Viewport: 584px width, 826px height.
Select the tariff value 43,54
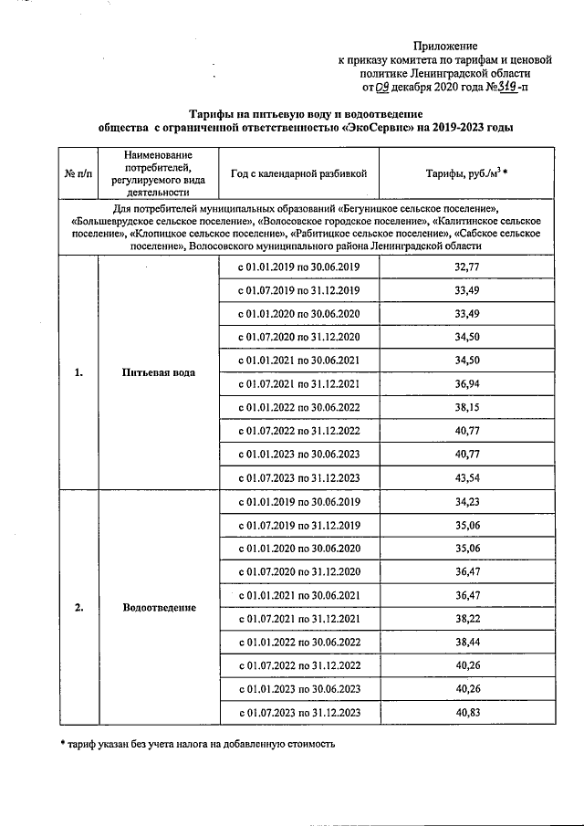[466, 477]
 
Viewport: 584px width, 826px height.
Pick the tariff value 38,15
[466, 408]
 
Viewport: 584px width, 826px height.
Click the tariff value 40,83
[466, 711]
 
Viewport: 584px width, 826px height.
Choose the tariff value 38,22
[466, 618]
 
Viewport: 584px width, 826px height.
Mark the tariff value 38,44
[466, 642]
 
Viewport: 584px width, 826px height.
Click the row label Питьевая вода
[159, 372]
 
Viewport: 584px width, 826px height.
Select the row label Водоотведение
[159, 607]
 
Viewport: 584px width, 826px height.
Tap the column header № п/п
[78, 173]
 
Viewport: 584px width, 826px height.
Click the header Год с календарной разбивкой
[298, 173]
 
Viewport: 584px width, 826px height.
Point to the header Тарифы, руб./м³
[466, 173]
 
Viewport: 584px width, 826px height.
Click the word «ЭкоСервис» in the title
[377, 128]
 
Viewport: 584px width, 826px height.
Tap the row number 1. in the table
[78, 372]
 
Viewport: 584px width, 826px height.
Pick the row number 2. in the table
[78, 607]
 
